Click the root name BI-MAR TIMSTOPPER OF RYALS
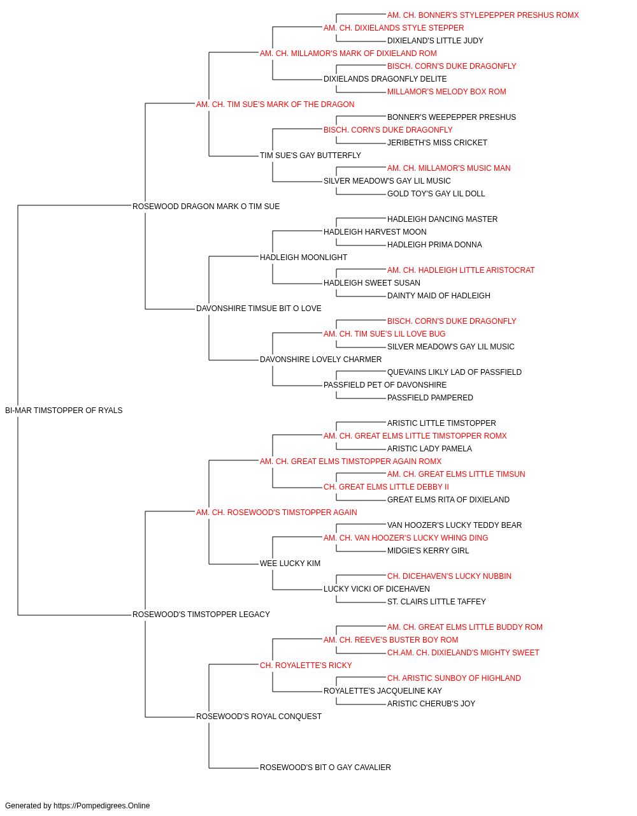[64, 411]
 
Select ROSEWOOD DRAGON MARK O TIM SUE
[206, 207]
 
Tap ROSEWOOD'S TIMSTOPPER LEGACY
[201, 615]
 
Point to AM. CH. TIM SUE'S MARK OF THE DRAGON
[275, 105]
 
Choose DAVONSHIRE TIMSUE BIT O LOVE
[259, 309]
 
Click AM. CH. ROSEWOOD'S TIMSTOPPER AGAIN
[276, 512]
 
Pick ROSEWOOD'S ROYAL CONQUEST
[259, 717]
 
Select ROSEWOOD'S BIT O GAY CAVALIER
[326, 768]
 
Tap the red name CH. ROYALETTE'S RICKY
[306, 666]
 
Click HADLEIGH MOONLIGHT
[303, 257]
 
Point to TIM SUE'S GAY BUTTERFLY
[310, 156]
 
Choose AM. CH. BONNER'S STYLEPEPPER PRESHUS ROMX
[483, 15]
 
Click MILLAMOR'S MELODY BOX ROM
[447, 92]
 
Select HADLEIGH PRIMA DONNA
[434, 245]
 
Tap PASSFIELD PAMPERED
[430, 398]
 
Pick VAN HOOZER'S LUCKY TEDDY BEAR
[454, 525]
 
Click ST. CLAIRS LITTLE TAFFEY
[436, 602]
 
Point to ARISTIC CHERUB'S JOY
[431, 704]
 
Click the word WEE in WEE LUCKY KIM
[267, 564]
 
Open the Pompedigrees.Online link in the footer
[102, 806]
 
